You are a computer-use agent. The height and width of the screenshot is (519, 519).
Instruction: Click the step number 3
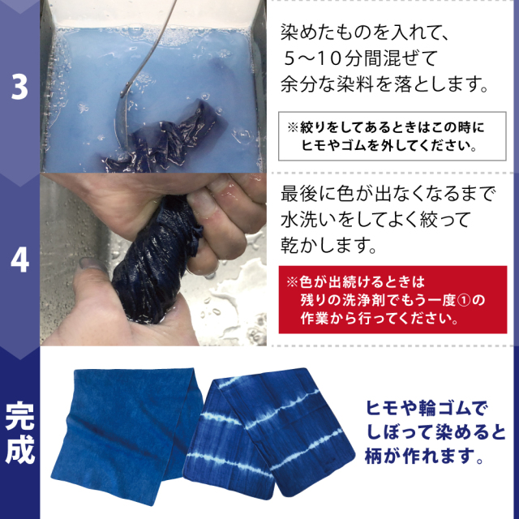19,88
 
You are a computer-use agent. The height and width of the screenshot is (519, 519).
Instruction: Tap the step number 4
19,261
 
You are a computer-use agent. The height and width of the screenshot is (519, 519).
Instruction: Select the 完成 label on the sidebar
19,433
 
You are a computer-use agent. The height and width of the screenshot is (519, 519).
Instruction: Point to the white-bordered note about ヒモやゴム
392,136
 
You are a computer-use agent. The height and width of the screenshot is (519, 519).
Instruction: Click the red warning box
392,299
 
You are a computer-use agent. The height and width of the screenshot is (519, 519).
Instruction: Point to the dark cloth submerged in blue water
165,139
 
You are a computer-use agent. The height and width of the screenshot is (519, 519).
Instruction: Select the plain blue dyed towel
127,435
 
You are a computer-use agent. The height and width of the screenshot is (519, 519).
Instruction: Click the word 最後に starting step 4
308,194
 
